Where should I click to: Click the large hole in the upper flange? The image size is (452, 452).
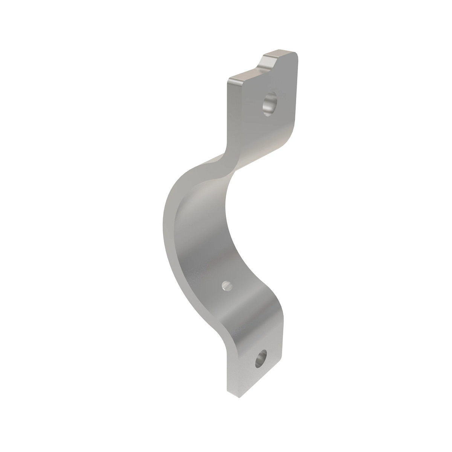point(270,105)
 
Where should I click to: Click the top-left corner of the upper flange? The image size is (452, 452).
point(228,81)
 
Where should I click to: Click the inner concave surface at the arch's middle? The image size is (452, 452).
point(203,234)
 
